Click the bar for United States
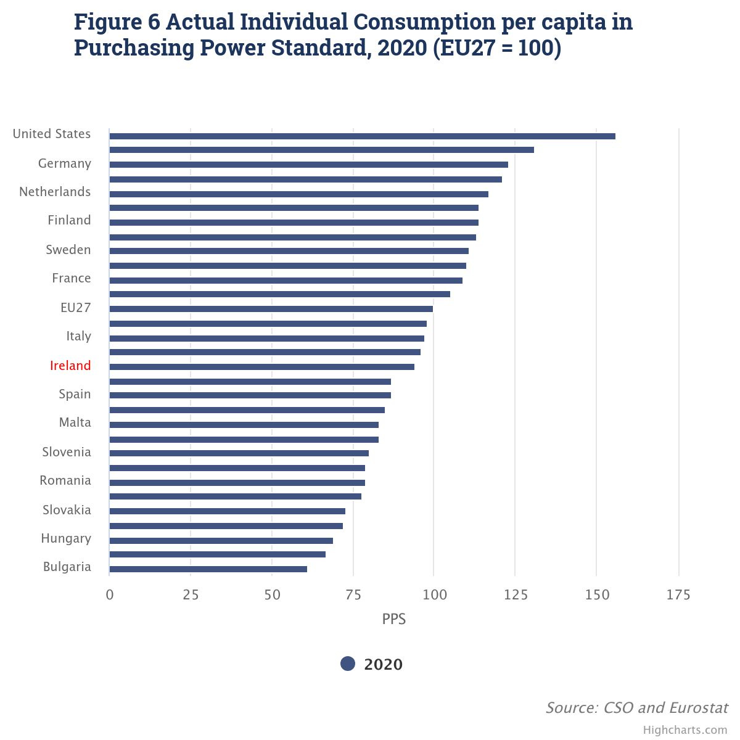point(362,136)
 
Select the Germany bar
point(309,165)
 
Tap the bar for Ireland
point(262,367)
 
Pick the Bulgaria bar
point(208,569)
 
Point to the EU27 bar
point(271,309)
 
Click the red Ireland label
point(70,365)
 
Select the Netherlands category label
point(55,192)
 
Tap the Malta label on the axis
point(75,422)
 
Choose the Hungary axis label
point(66,538)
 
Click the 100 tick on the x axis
point(434,595)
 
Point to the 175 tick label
point(678,595)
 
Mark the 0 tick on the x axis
point(109,595)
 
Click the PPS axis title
point(393,619)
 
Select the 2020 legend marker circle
point(348,664)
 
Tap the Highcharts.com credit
point(685,730)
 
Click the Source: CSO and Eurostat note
point(636,707)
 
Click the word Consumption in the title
point(424,22)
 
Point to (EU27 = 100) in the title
point(497,48)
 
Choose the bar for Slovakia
point(228,511)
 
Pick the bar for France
point(286,281)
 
